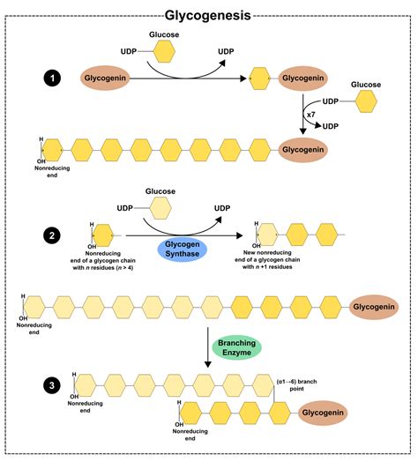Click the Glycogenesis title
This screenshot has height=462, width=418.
tap(208, 14)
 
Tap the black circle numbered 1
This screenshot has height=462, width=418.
tap(55, 78)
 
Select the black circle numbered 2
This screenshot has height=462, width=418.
tap(55, 235)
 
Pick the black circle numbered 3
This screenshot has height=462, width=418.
tap(55, 384)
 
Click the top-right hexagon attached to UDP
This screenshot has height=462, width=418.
tap(364, 102)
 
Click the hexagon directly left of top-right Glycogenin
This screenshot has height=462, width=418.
tap(260, 78)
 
